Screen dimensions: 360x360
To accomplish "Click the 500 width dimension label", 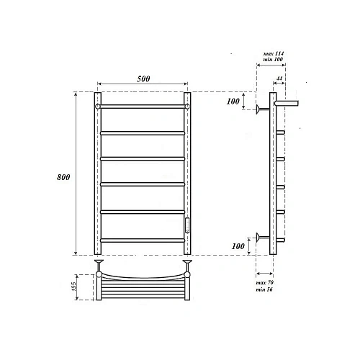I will (142, 78).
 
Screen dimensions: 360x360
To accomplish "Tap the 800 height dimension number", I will (64, 178).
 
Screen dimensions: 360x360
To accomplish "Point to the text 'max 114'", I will (268, 54).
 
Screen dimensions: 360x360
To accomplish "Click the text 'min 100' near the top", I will (268, 61).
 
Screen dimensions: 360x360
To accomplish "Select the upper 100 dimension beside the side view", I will (233, 101).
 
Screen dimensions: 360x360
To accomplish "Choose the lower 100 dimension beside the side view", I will (233, 247).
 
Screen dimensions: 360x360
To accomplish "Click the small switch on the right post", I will (187, 224).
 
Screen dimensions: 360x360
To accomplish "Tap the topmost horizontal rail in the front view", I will (142, 106).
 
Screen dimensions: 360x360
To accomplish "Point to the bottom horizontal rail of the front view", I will (142, 240).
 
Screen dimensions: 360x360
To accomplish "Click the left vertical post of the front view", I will (97, 173).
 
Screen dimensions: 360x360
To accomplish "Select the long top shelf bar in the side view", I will (288, 103).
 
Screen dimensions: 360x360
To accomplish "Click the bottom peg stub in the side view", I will (281, 240).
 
